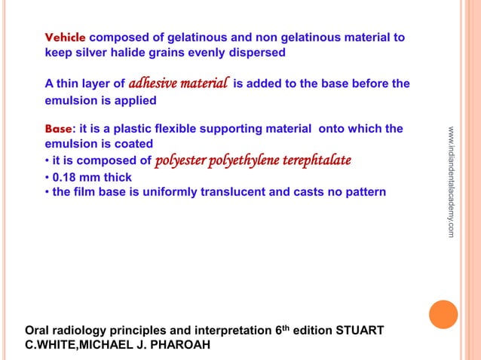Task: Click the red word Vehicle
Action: pos(66,37)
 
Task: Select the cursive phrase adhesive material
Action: pos(179,83)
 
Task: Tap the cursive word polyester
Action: pos(180,160)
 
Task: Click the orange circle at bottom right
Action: pos(443,315)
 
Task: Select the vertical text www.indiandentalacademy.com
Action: pos(451,182)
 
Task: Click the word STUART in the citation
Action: pos(362,331)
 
